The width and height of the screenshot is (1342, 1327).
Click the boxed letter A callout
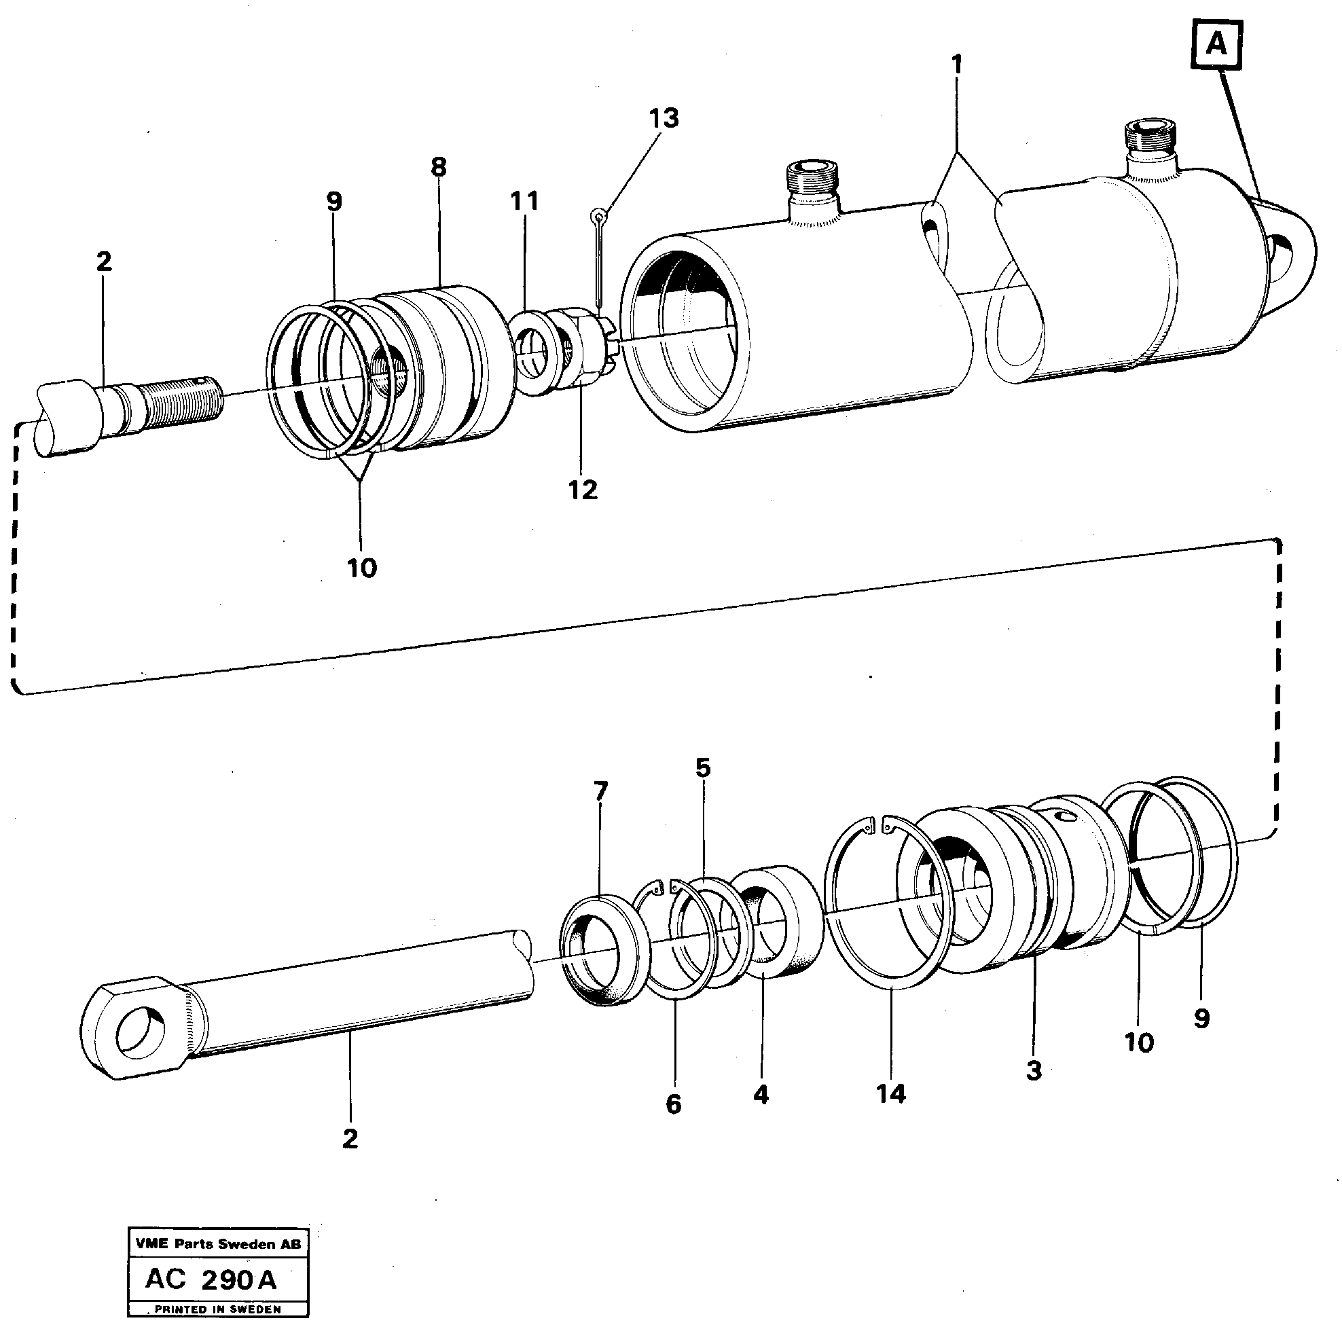(1216, 44)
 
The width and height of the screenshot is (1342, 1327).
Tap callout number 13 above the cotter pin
(664, 118)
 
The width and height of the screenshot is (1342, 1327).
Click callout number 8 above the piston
(438, 168)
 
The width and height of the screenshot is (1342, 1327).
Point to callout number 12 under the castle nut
(582, 490)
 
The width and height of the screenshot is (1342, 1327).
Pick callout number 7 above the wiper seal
(600, 790)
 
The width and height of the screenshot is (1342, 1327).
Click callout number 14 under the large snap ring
(891, 1094)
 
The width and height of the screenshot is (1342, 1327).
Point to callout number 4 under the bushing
(761, 1095)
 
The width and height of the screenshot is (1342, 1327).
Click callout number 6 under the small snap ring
(673, 1105)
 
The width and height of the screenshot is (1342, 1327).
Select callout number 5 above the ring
(703, 767)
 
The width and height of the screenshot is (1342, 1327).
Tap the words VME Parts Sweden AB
(218, 1244)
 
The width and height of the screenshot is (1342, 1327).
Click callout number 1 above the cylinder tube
(956, 65)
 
